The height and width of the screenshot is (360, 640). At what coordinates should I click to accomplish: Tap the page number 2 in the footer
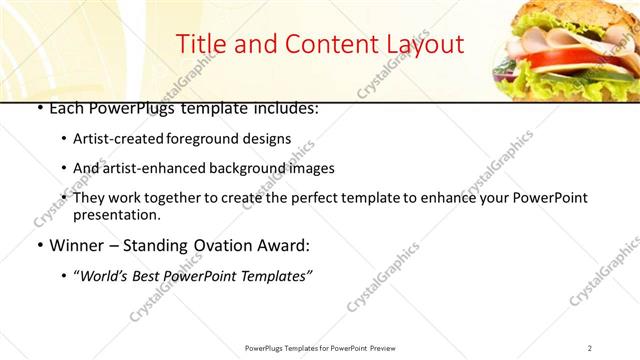coord(590,347)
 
